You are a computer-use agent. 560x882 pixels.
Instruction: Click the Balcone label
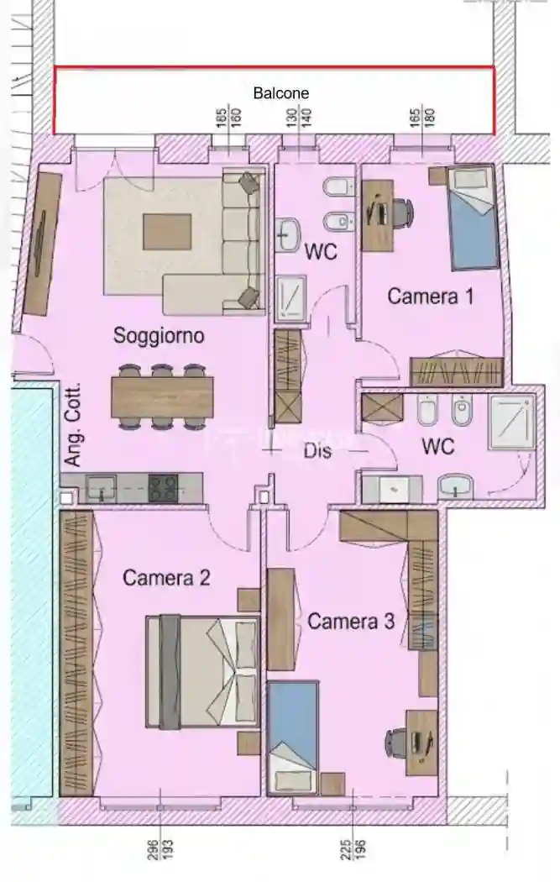281,93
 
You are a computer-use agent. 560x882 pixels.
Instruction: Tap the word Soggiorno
159,336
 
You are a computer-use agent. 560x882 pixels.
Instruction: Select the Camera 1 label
431,296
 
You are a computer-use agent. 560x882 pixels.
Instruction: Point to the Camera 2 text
166,578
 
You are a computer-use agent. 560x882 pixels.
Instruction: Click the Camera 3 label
351,622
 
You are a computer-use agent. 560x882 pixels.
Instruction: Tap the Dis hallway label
317,451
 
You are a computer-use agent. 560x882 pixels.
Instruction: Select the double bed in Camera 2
201,671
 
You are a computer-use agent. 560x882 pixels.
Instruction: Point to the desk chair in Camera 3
397,743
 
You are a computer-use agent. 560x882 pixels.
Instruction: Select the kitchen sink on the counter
102,486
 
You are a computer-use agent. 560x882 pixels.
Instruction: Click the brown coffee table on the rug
166,231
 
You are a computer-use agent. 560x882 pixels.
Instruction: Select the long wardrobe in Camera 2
76,653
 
